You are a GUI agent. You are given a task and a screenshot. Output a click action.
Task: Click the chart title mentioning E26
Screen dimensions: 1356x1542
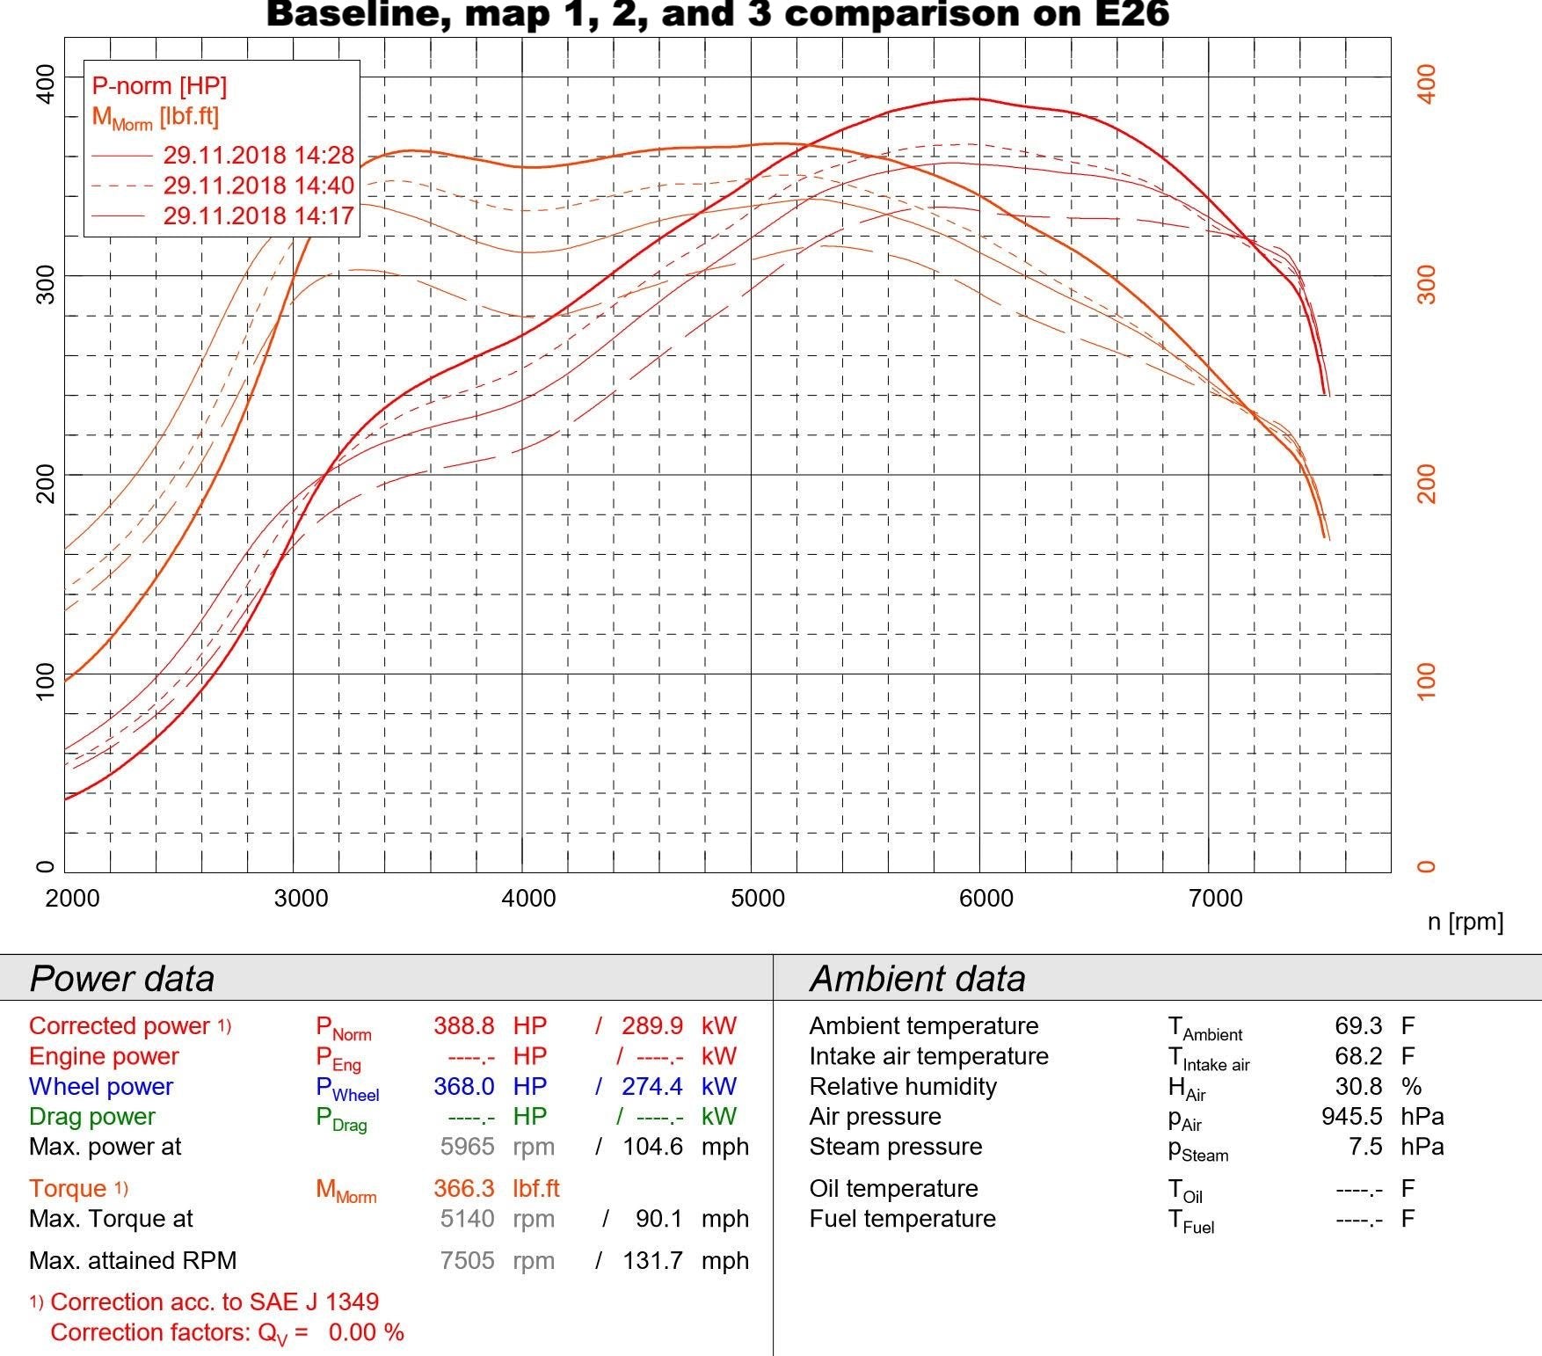(716, 14)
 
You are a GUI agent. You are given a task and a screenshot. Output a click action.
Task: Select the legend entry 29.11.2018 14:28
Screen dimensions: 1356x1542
(258, 156)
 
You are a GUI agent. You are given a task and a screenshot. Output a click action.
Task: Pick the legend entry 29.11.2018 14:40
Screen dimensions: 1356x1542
(258, 186)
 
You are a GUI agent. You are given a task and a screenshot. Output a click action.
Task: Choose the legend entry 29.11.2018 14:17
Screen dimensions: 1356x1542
(258, 215)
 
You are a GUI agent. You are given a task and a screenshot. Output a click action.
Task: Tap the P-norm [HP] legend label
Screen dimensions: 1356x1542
(159, 86)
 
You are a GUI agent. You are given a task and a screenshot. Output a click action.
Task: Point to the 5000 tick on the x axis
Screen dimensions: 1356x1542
(758, 898)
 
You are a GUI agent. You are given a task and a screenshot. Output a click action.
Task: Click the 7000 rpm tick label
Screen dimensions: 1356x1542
(1215, 898)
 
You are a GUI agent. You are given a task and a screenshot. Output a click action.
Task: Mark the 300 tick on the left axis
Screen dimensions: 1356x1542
(45, 284)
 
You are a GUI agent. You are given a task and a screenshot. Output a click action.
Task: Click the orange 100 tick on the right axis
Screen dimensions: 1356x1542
(1427, 682)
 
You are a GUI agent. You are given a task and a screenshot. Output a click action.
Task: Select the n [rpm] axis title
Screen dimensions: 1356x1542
(1465, 922)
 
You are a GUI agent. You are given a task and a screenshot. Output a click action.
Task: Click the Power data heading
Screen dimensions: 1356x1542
(122, 979)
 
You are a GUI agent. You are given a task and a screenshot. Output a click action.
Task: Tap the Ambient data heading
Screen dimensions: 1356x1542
(917, 979)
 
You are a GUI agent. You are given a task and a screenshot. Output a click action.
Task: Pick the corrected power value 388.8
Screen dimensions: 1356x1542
(463, 1026)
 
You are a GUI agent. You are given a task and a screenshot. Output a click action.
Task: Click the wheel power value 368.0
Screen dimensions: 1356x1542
(463, 1087)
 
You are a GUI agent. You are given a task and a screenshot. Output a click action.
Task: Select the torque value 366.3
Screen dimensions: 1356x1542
(463, 1189)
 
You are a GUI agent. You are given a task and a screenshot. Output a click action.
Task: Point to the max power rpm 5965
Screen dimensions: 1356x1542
(467, 1147)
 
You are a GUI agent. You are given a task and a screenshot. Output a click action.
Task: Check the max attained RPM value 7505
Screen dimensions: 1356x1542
(467, 1261)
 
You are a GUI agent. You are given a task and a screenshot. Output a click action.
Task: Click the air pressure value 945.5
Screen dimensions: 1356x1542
(1351, 1117)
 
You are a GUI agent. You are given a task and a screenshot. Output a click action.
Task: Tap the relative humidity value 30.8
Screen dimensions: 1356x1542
(1358, 1087)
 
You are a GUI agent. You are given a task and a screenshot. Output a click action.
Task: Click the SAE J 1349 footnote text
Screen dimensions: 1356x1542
(215, 1302)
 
